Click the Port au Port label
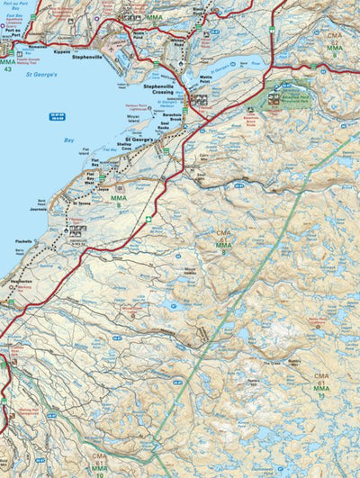(11, 50)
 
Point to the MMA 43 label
(7, 65)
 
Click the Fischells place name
(24, 241)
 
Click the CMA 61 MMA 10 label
(98, 463)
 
